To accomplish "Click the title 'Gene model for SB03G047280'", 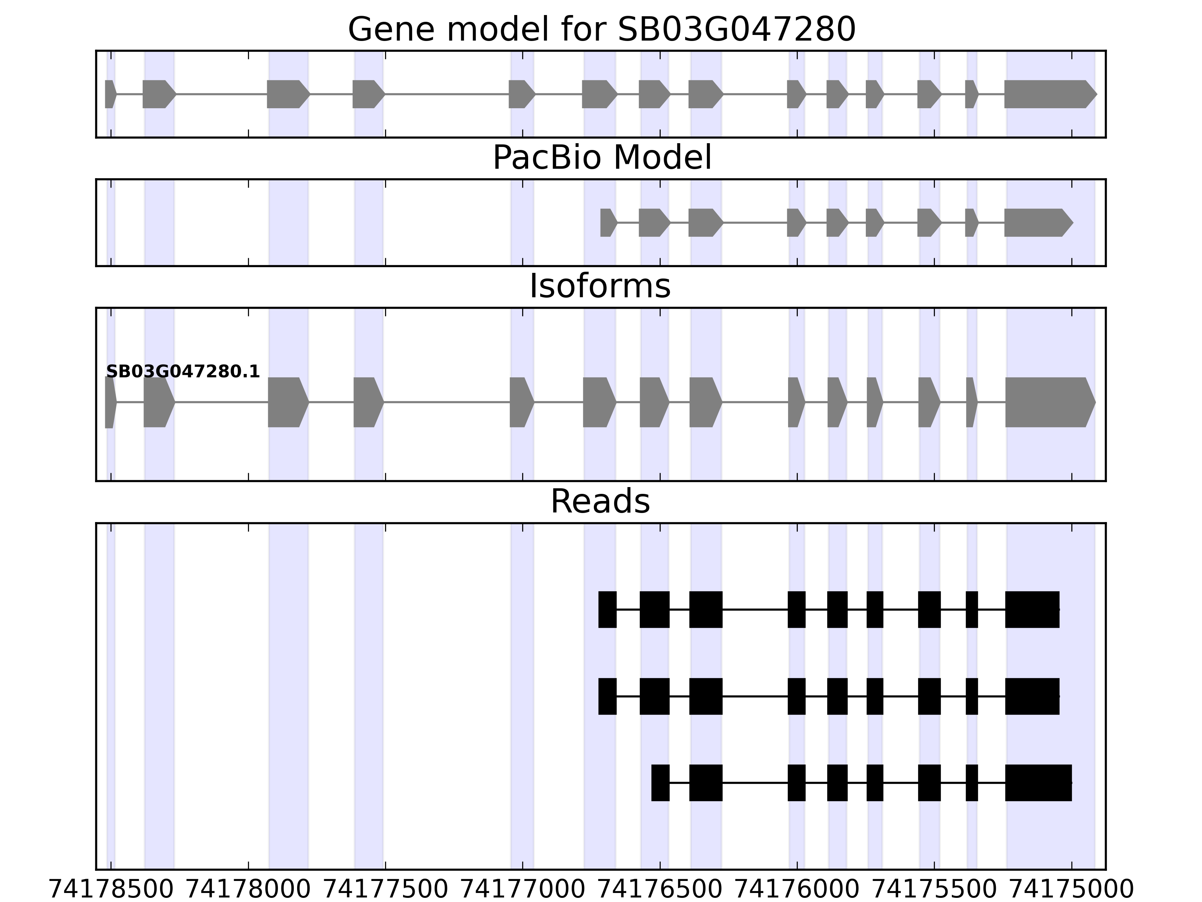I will pos(601,29).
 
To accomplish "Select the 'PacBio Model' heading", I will pos(601,158).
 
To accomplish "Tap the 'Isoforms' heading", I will pos(600,286).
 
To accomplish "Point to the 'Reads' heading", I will pos(600,501).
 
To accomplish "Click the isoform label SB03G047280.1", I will pos(183,372).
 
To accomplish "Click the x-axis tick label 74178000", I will pos(248,890).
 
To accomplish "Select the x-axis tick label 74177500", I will pos(385,890).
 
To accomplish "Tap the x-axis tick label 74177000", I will pos(523,890).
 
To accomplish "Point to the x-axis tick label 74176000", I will pos(797,890).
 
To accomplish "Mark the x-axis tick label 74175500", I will pos(935,890).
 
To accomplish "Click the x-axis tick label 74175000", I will pos(1072,890).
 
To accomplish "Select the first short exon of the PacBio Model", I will pos(607,222).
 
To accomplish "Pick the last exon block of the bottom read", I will pos(1038,783).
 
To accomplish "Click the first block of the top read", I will pos(607,609).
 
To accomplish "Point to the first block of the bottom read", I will pos(660,783).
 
